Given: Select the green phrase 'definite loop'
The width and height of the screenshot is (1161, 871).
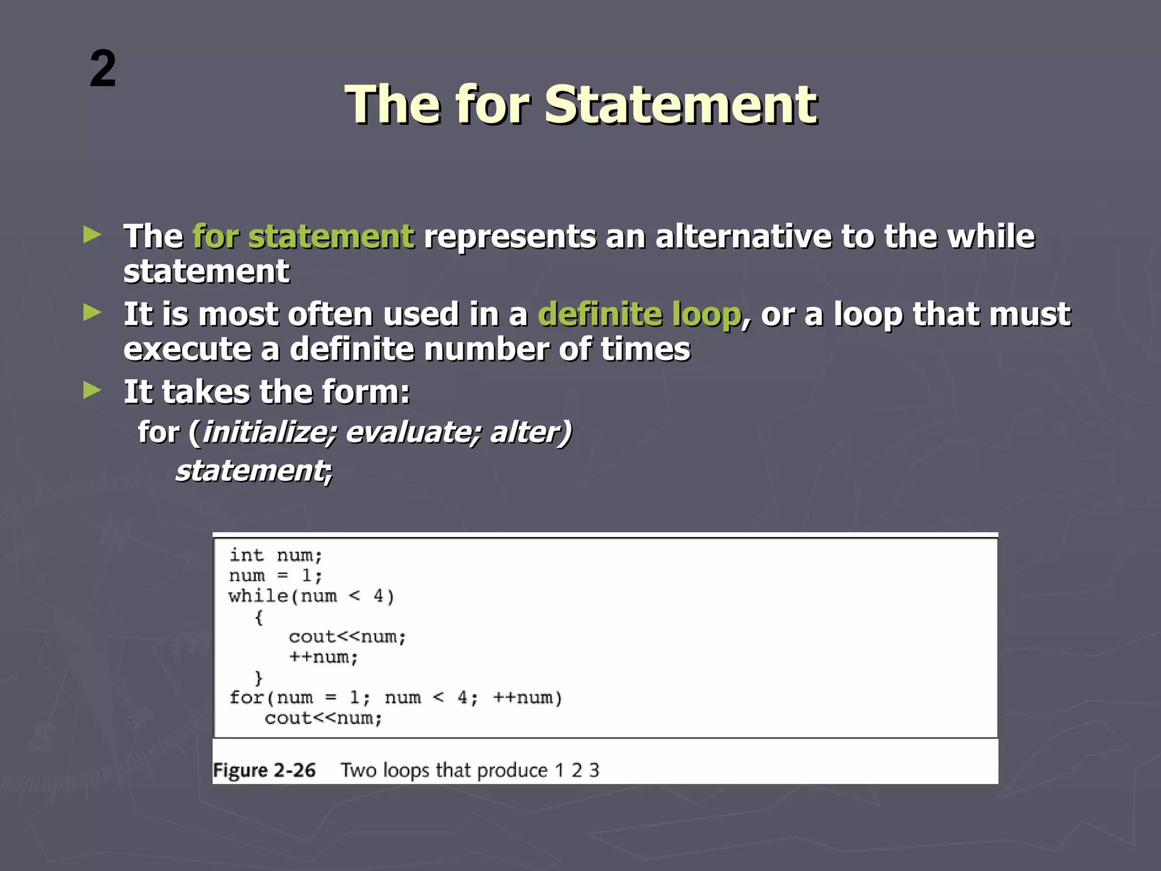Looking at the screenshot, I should click(x=639, y=314).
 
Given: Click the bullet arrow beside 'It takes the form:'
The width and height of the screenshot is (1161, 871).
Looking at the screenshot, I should click(x=92, y=390).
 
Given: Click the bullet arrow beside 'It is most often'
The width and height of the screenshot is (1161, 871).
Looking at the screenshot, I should click(x=92, y=312).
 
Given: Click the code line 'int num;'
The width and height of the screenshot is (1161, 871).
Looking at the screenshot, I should click(x=276, y=555).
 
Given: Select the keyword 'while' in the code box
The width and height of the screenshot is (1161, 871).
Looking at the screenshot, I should click(x=258, y=596).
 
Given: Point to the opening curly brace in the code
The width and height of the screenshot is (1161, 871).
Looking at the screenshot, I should click(x=259, y=617).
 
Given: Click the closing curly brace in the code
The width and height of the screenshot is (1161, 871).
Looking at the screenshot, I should click(x=259, y=678).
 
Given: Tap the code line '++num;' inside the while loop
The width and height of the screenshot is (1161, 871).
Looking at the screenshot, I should click(x=323, y=658).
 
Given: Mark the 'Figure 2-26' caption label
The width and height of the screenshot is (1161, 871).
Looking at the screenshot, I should click(x=264, y=771).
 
